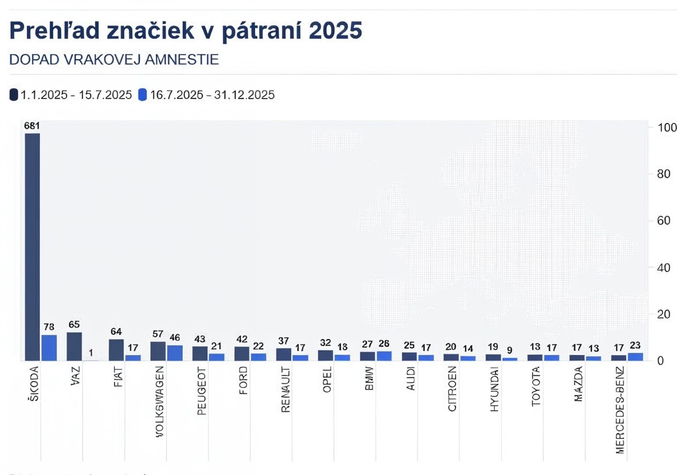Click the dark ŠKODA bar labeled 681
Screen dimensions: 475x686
tap(32, 246)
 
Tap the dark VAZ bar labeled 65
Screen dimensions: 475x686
tap(74, 346)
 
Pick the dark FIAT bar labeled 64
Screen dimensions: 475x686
tap(116, 350)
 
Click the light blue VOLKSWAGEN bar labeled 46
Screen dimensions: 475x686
tap(175, 353)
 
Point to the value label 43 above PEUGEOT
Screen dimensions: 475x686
tap(200, 340)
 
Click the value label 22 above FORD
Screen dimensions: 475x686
tap(258, 347)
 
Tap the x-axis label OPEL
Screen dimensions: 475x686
tap(327, 380)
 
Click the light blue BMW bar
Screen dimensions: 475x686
tap(384, 356)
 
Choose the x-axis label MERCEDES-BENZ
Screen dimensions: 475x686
tap(620, 410)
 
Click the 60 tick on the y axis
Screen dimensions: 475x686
tap(657, 221)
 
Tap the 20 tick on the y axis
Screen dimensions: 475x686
tap(657, 314)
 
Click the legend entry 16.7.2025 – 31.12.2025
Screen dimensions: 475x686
tap(206, 95)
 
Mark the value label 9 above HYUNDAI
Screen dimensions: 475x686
tap(509, 351)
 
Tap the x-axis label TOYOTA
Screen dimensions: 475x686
tap(536, 386)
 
